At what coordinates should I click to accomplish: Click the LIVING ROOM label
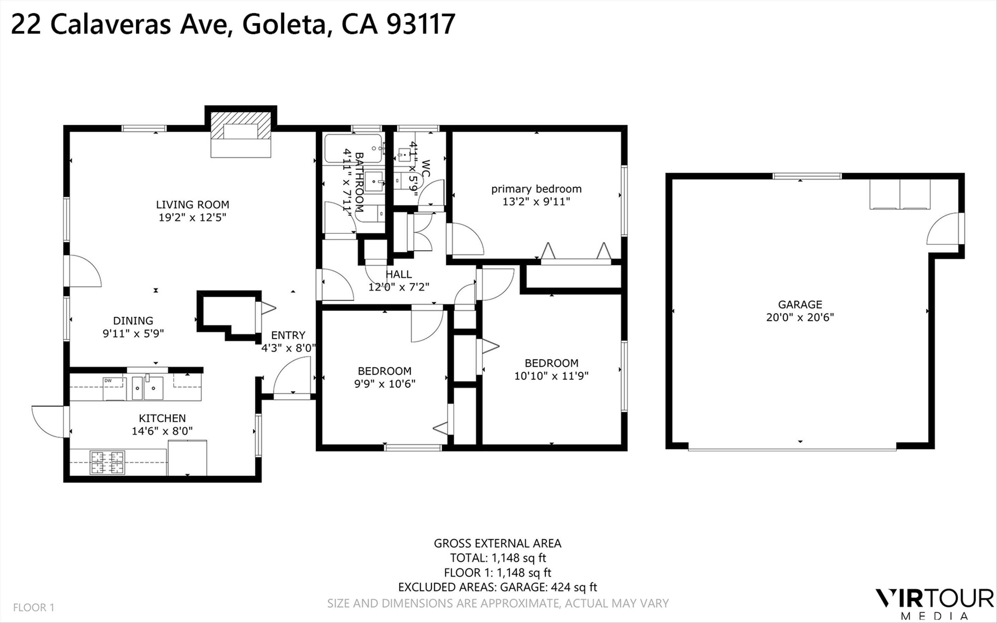click(x=192, y=204)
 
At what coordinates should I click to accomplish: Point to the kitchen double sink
click(x=148, y=388)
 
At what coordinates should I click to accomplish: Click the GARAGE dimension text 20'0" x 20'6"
click(x=800, y=317)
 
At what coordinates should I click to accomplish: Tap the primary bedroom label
click(x=536, y=189)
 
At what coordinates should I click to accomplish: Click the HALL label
click(x=398, y=274)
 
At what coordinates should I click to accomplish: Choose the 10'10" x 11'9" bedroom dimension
click(x=551, y=376)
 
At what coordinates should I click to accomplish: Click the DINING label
click(x=133, y=321)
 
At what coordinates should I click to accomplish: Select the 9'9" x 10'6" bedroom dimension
click(x=385, y=384)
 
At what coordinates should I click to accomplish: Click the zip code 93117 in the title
click(x=421, y=24)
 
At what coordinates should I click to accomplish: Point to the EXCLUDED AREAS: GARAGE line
click(x=497, y=587)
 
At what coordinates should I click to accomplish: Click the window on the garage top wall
click(x=807, y=176)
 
